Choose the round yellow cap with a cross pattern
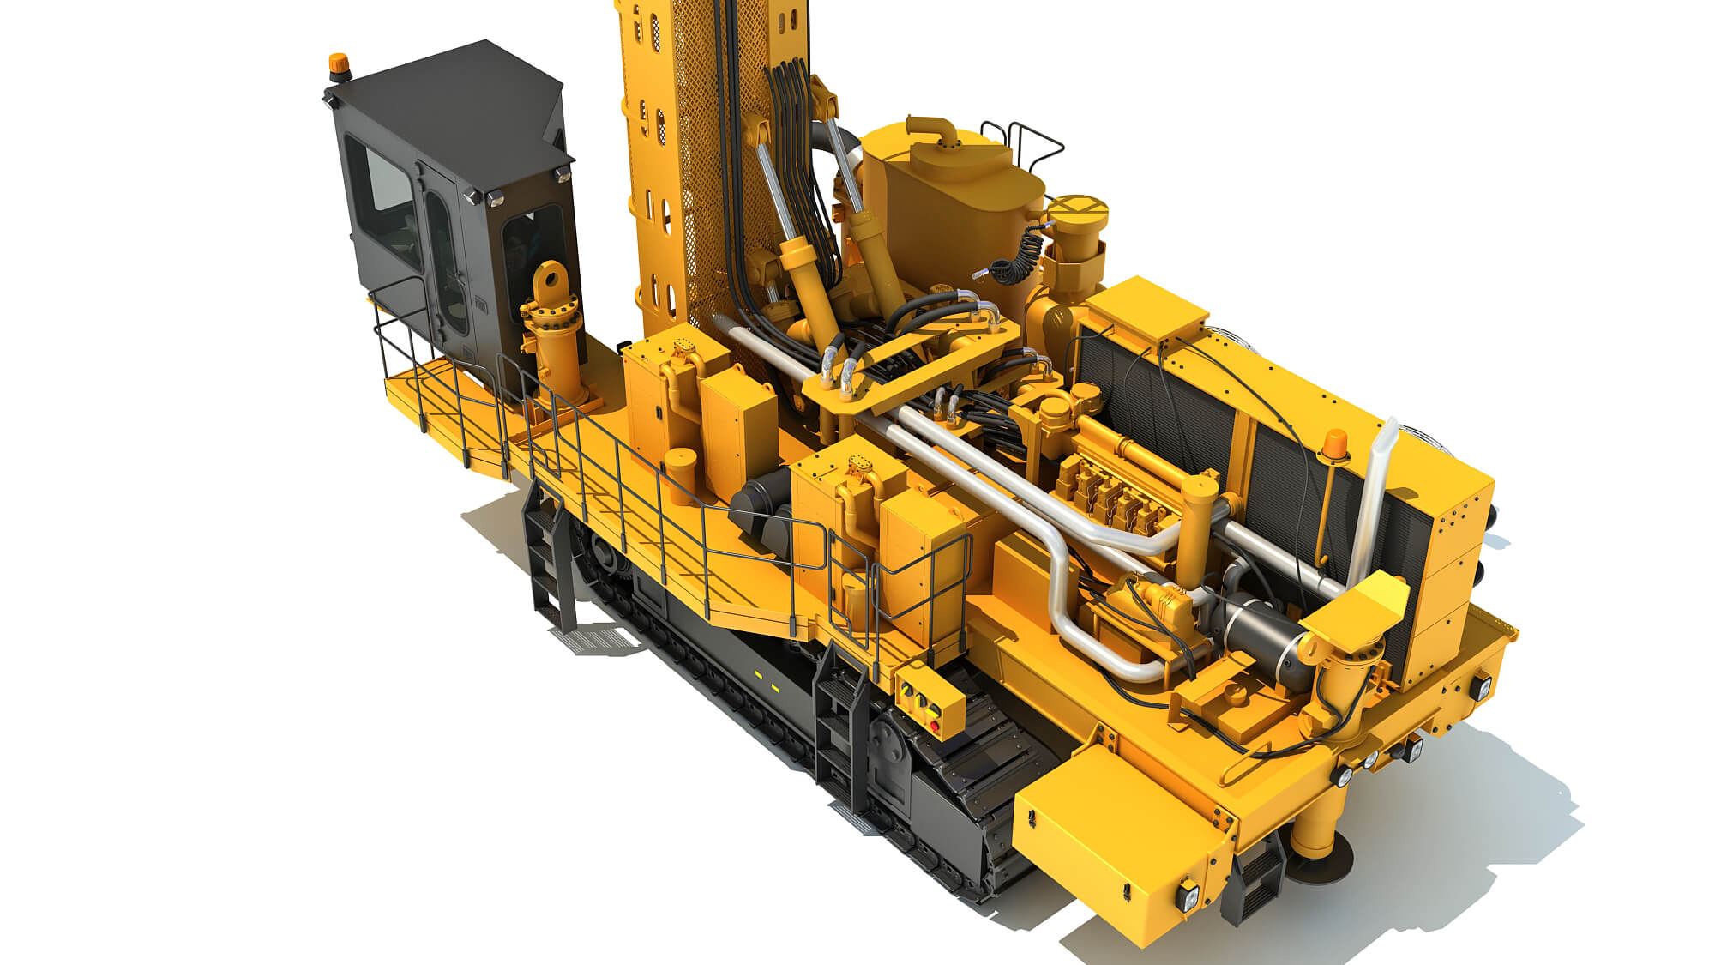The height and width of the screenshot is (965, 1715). click(x=1078, y=211)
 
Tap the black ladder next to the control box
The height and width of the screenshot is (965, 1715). click(x=837, y=729)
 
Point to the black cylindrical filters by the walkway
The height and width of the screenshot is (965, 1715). click(x=762, y=507)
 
